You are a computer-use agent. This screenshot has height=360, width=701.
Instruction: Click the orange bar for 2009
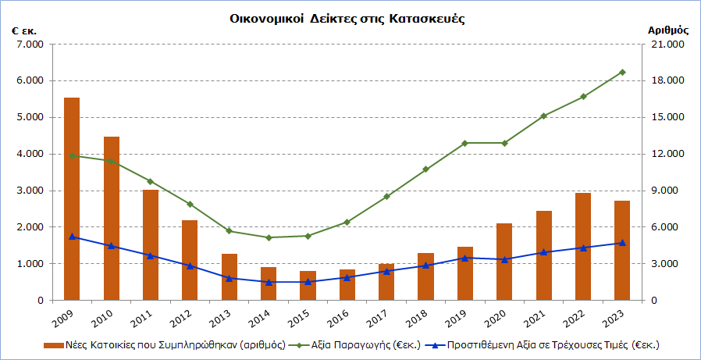point(72,199)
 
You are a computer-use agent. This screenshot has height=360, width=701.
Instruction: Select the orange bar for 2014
point(269,283)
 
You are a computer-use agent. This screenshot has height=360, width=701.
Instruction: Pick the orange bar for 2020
point(504,262)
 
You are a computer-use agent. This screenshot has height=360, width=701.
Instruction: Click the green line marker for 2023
point(622,72)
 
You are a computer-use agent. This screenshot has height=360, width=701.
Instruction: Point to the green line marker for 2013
point(229,230)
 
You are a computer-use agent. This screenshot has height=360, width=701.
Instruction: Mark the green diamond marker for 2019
point(465,143)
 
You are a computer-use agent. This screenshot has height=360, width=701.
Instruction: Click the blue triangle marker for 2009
point(72,236)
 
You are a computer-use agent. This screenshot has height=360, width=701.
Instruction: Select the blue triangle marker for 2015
point(308,281)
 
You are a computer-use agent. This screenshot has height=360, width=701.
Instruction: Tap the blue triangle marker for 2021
point(544,252)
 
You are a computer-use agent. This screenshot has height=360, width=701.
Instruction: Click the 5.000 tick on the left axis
point(30,117)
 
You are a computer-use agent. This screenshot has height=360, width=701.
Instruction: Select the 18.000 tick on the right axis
point(668,80)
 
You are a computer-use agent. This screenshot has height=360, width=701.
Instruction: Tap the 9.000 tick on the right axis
point(668,191)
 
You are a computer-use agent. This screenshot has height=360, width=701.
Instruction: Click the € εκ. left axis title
point(24,30)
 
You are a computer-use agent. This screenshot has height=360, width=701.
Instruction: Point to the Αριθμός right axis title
point(668,30)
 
